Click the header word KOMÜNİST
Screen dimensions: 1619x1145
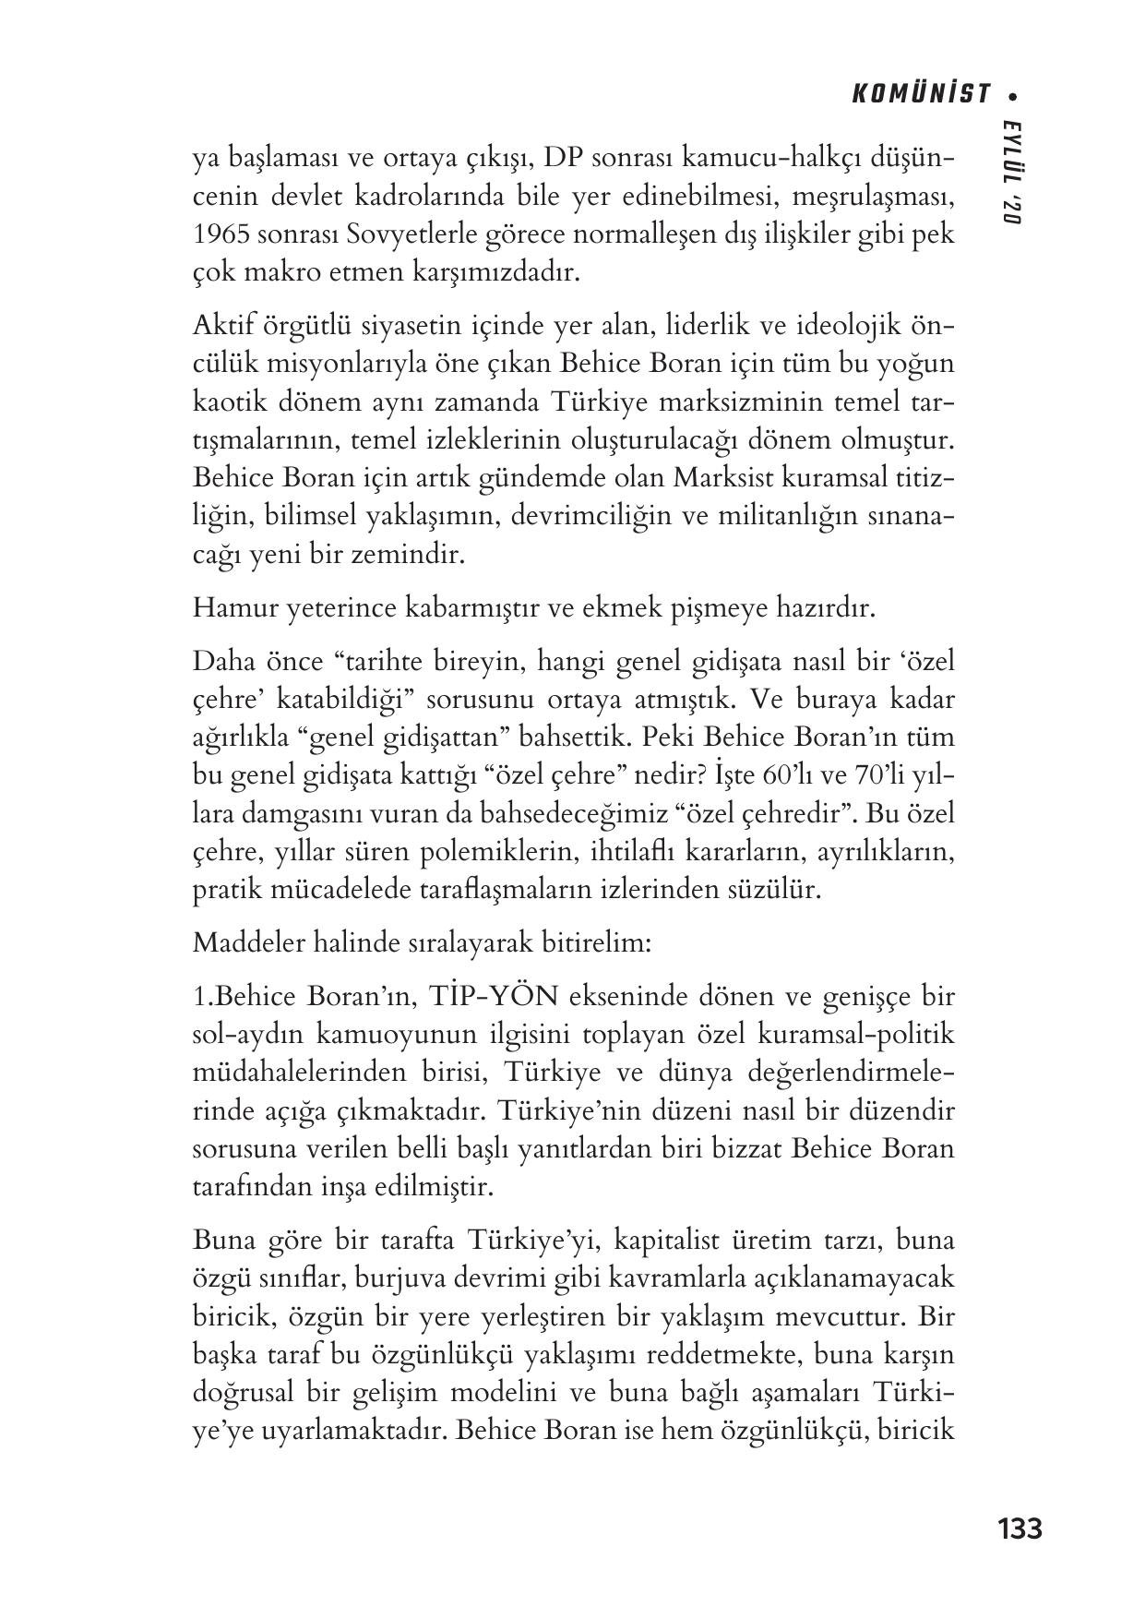click(920, 95)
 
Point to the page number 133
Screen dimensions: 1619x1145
click(1020, 1529)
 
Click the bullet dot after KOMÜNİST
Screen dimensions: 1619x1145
click(1013, 95)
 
